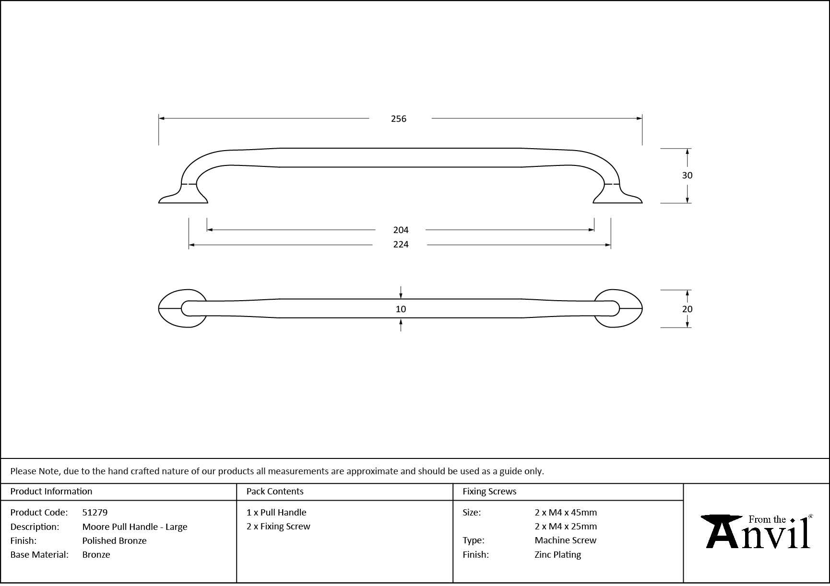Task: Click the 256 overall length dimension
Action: click(x=398, y=118)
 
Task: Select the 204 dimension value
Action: click(x=401, y=230)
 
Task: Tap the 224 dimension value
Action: click(x=401, y=245)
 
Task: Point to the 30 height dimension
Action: click(x=687, y=176)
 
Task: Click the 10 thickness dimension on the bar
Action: click(x=401, y=309)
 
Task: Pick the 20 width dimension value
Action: click(x=687, y=309)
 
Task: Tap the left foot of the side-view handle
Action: click(x=182, y=197)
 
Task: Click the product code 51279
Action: click(x=95, y=513)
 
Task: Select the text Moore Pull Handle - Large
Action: click(x=135, y=527)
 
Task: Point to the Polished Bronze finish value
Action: click(x=114, y=541)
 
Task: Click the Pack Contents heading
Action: click(x=275, y=492)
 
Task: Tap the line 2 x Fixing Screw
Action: click(x=278, y=527)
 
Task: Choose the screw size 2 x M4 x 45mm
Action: click(x=566, y=513)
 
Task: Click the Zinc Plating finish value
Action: click(x=557, y=555)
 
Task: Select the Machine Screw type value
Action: click(x=565, y=540)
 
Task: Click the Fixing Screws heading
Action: click(x=489, y=492)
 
